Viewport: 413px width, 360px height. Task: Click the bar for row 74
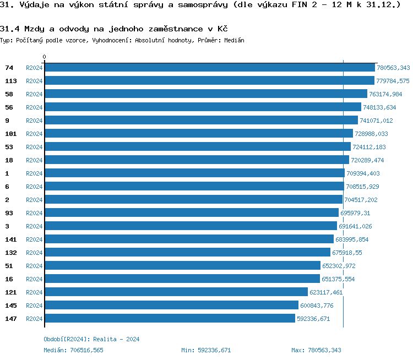[209, 68]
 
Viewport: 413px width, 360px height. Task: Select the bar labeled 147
[170, 319]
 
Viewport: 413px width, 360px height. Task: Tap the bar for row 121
[176, 292]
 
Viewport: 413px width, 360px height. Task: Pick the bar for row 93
[191, 213]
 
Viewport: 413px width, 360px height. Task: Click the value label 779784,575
[393, 81]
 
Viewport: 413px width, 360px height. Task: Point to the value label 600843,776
[316, 306]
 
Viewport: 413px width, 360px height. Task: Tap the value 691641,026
[355, 226]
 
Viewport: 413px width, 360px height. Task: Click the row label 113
[10, 81]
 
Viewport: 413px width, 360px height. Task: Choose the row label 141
[10, 239]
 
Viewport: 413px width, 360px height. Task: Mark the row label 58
[9, 94]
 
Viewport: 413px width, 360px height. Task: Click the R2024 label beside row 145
[34, 306]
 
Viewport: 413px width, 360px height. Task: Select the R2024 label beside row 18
[34, 160]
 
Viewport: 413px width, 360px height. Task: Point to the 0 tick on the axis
[45, 57]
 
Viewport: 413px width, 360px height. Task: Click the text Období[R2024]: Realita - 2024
[91, 339]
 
